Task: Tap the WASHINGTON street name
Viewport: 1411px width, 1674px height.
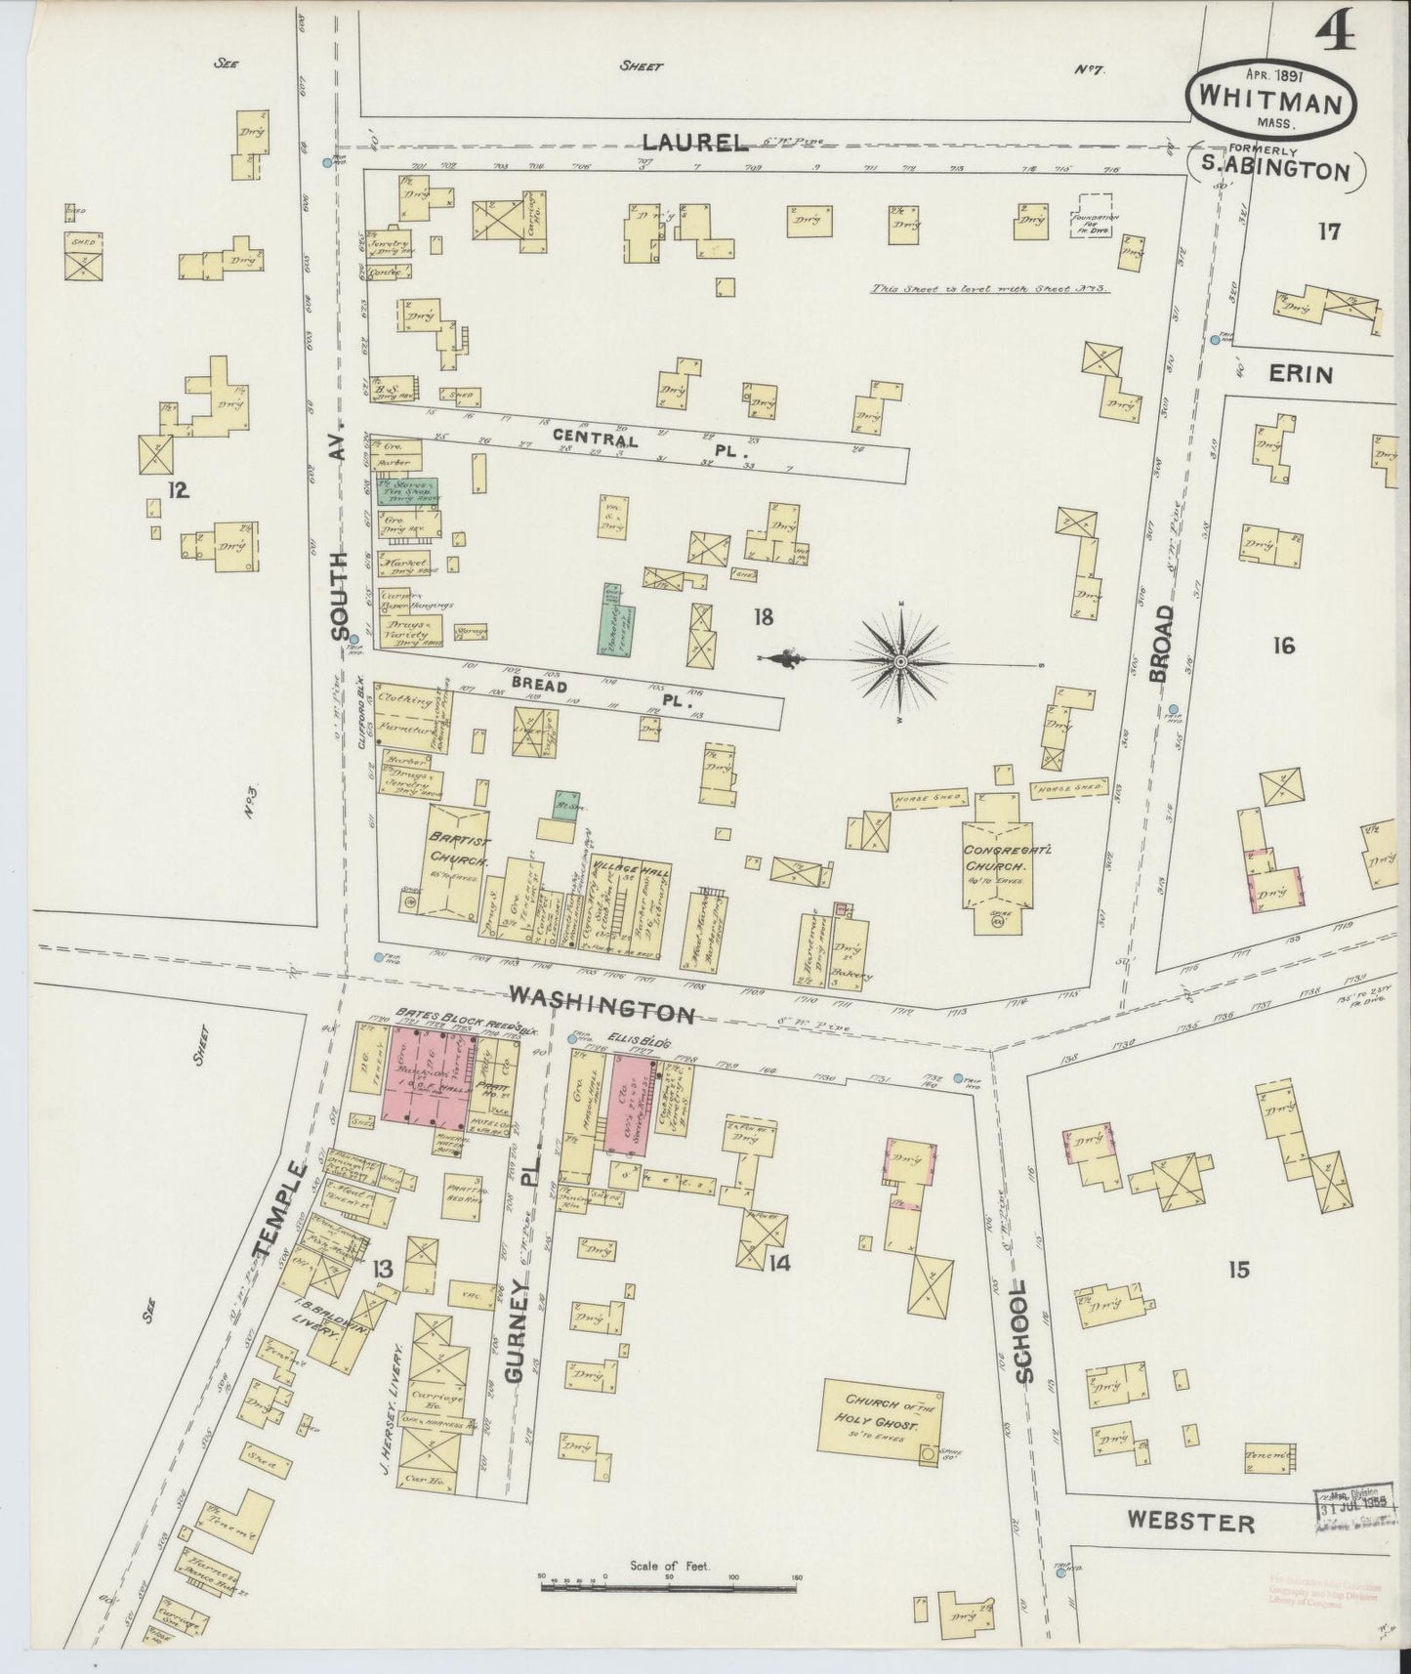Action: click(602, 1007)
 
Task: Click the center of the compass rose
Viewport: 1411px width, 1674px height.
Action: click(899, 661)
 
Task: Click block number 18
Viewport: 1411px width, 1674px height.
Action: click(764, 616)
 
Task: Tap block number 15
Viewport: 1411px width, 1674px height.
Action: click(1239, 1270)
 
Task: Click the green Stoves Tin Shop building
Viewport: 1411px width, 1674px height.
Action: click(408, 490)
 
